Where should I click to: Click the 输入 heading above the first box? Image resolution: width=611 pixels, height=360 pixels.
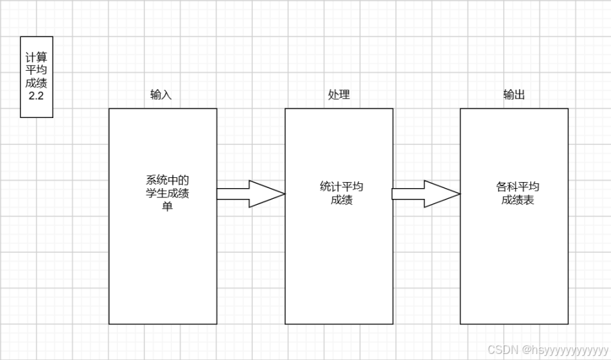161,95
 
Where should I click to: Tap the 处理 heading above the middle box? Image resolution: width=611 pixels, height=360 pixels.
339,95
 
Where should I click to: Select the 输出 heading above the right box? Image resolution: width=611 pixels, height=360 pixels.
514,95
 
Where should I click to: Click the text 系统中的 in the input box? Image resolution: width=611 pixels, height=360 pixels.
167,181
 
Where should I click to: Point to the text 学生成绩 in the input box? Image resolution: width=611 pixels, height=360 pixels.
167,194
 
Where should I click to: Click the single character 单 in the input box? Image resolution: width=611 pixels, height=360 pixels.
167,207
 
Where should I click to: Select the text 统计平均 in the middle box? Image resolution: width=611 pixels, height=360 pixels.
341,187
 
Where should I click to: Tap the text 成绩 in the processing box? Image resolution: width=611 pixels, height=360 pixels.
341,200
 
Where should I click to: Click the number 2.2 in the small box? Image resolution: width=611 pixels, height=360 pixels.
36,97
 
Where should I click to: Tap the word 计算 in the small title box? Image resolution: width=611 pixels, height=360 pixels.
36,58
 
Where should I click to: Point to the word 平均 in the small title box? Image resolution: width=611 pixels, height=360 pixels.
36,71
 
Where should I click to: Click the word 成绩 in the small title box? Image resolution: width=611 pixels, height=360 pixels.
36,84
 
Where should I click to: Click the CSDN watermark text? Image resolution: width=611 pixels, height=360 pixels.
501,350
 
